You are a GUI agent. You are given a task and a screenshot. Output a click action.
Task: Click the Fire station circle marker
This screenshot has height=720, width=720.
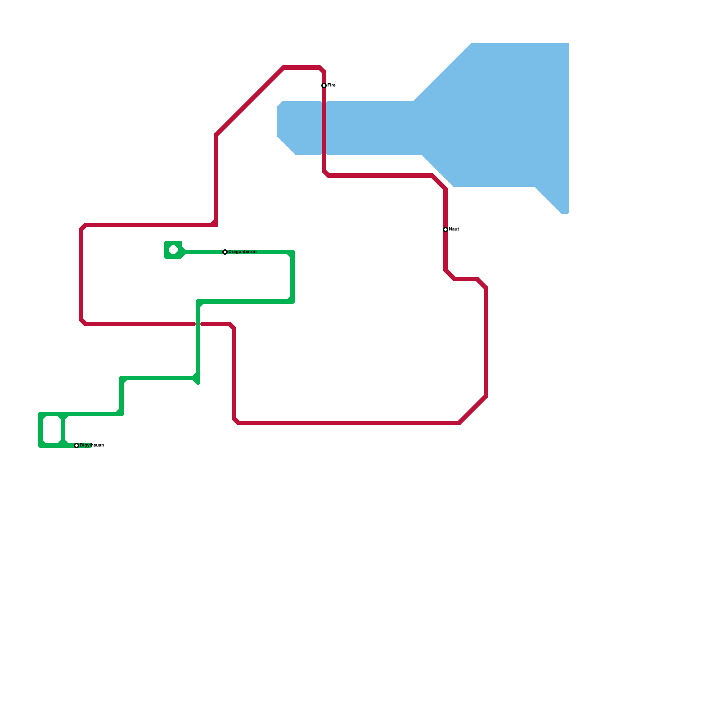tap(324, 85)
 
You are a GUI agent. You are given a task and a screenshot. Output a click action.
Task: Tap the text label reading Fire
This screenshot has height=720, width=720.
tap(332, 85)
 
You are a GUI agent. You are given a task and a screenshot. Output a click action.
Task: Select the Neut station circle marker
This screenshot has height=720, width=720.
tap(445, 229)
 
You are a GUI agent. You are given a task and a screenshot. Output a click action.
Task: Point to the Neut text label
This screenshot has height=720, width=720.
tap(454, 229)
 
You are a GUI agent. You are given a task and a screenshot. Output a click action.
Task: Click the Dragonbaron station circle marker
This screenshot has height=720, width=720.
tap(225, 252)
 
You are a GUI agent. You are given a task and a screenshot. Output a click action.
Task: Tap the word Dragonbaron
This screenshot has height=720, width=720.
tap(243, 252)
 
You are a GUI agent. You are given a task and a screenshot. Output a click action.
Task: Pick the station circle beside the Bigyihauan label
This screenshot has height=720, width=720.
tap(76, 445)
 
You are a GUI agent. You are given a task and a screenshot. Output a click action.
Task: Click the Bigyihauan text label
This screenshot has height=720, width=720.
tap(92, 445)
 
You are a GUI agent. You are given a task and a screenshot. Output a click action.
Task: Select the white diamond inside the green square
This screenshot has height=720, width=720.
tap(173, 250)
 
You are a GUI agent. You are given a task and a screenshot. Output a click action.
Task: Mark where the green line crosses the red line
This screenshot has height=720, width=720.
tap(198, 324)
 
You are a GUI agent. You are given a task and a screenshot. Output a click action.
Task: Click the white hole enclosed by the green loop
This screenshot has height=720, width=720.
tap(52, 430)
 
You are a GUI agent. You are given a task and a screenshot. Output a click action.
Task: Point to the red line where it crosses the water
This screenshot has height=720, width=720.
tap(324, 128)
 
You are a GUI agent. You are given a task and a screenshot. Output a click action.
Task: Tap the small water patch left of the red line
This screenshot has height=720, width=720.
tap(299, 128)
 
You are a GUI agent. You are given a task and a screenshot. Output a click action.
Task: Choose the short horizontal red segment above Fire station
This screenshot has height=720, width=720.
tap(301, 68)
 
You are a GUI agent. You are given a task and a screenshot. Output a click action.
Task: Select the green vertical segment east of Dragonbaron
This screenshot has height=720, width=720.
tap(292, 277)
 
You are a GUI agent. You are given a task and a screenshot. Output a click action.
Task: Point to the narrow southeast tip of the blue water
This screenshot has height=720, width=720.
tap(562, 205)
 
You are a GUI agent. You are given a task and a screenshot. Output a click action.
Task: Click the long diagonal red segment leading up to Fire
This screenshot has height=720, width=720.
tap(250, 101)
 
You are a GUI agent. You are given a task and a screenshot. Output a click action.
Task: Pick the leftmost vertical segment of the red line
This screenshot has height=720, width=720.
tap(81, 274)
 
